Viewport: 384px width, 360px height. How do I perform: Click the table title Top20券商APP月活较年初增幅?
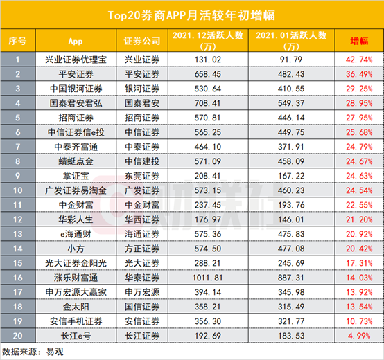click(x=192, y=15)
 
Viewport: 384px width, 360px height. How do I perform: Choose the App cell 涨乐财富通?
click(x=78, y=276)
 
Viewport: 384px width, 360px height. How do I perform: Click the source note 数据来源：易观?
click(x=31, y=350)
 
